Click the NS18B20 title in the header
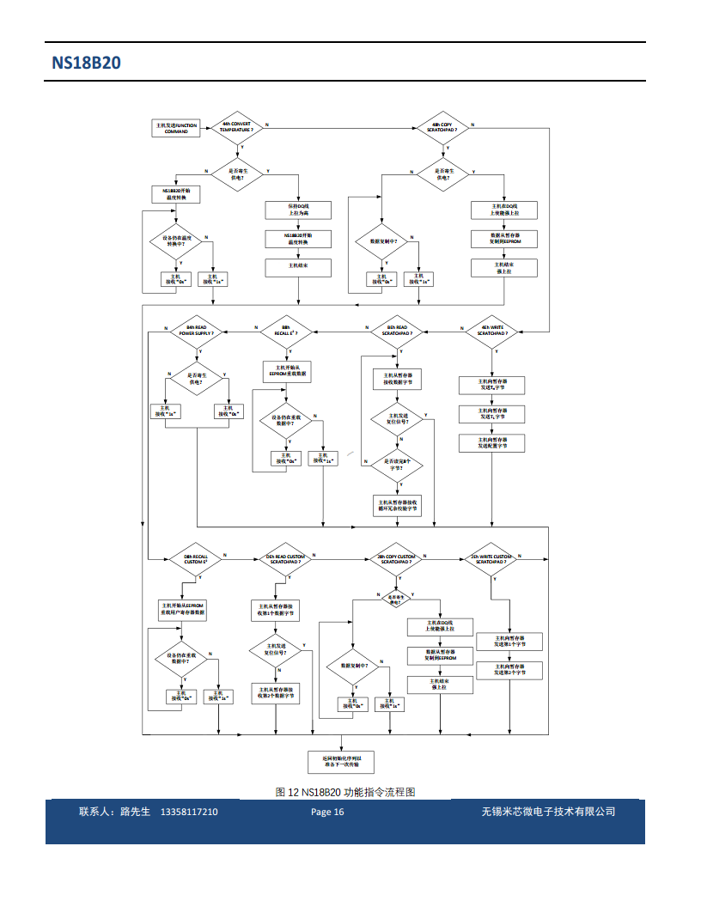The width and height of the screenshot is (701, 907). (86, 64)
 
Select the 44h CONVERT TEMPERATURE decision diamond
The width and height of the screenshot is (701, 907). (236, 126)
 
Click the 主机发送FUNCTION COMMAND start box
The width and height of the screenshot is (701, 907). (176, 128)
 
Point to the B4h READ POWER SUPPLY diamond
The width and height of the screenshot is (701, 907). (198, 331)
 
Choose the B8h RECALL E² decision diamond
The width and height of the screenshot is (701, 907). (290, 331)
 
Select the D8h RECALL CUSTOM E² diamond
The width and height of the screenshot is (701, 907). (196, 559)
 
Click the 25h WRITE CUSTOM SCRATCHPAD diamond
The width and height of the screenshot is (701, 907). (491, 559)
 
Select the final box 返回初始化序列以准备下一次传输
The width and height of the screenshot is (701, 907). (341, 761)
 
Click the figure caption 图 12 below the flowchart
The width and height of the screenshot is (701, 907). (345, 792)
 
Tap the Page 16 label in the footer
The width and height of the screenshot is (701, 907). (327, 812)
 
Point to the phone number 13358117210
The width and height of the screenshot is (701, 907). (189, 812)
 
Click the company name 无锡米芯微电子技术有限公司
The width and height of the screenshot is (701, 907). (548, 812)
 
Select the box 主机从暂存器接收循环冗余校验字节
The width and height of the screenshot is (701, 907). (398, 505)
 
